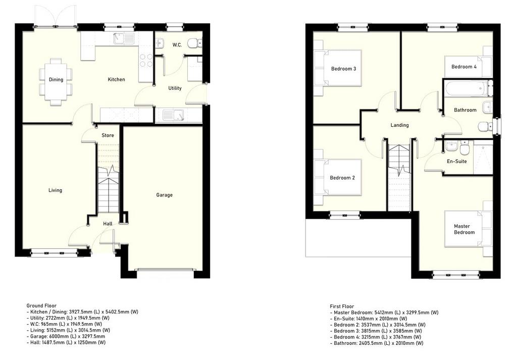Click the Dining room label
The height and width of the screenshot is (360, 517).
[56, 79]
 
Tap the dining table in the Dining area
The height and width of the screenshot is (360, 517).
[56, 82]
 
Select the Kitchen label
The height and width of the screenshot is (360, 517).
[117, 79]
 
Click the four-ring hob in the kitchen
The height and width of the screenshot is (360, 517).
[146, 60]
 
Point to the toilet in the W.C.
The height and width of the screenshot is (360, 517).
[194, 43]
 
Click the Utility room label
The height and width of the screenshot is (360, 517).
[175, 88]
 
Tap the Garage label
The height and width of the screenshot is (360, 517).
[164, 195]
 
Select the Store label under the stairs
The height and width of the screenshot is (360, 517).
[108, 135]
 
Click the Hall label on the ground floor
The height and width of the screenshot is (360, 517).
[108, 224]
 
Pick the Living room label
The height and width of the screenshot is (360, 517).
[55, 190]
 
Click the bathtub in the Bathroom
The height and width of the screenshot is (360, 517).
[465, 88]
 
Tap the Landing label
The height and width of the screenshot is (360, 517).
[400, 125]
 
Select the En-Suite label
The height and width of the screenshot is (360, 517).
[456, 161]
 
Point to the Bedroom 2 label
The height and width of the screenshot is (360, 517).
[342, 178]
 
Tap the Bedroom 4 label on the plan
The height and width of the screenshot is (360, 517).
[464, 67]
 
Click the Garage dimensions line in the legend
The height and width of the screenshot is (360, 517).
[66, 336]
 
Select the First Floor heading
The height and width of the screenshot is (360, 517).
[342, 306]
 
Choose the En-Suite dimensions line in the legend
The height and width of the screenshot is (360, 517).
[369, 319]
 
